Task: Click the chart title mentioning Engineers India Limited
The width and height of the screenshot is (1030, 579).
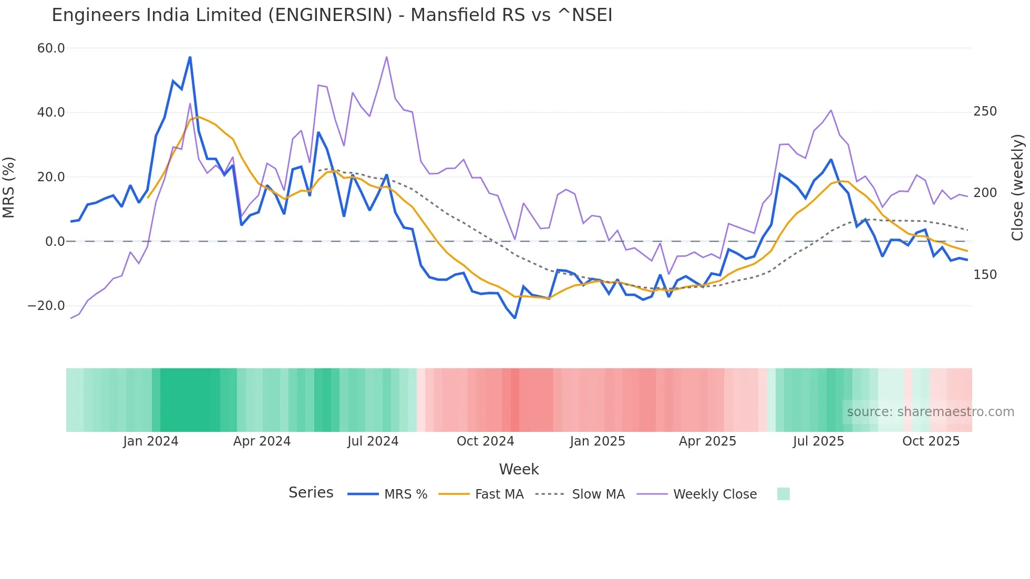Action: (x=332, y=15)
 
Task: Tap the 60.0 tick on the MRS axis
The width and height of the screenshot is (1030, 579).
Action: (x=51, y=48)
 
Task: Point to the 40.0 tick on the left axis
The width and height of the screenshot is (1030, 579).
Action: (x=51, y=112)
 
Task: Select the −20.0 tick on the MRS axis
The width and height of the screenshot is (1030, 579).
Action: (x=46, y=306)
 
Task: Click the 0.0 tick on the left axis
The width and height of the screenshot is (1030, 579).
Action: (x=55, y=242)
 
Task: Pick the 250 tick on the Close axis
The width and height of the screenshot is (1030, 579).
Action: (x=985, y=111)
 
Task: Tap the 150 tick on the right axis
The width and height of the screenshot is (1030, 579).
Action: (x=985, y=275)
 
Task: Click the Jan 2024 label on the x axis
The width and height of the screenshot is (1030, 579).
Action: (x=151, y=441)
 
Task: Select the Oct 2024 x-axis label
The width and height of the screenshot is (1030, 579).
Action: (x=485, y=441)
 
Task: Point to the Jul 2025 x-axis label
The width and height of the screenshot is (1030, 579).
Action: (x=818, y=441)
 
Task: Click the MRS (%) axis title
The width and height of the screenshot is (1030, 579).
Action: (x=9, y=187)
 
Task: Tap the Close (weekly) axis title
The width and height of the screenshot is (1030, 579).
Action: (x=1017, y=187)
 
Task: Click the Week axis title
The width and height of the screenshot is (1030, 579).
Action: (x=519, y=469)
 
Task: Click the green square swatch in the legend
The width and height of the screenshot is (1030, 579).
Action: (x=783, y=494)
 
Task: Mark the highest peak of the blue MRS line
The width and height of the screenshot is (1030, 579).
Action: (x=190, y=57)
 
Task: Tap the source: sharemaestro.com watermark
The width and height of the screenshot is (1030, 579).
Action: (x=930, y=412)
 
